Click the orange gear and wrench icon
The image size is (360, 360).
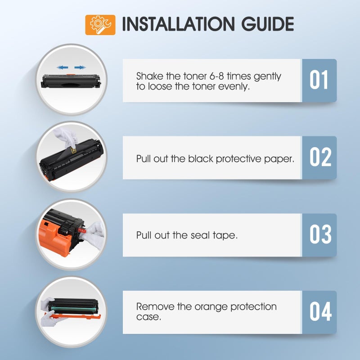click(100, 25)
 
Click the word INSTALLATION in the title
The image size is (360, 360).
click(178, 24)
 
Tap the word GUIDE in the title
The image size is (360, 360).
click(267, 24)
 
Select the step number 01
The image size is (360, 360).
click(319, 80)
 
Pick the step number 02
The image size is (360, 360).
click(320, 157)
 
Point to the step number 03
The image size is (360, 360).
click(320, 234)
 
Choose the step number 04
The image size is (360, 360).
click(320, 311)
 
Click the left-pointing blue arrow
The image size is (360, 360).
click(63, 67)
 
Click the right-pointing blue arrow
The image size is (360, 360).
click(80, 67)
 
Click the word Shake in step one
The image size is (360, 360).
click(149, 76)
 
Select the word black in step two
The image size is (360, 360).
click(201, 159)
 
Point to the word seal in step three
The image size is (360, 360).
click(200, 235)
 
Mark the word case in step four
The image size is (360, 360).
click(148, 317)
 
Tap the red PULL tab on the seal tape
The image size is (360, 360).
click(82, 230)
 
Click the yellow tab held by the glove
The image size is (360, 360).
click(73, 150)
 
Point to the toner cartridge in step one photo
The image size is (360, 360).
click(71, 81)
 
